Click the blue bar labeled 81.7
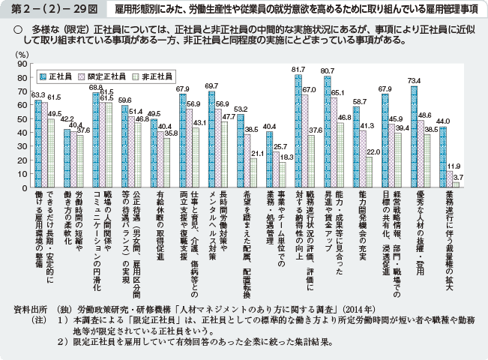pos(298,130)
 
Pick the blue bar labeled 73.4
pos(414,135)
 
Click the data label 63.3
pos(37,94)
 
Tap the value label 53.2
pos(240,109)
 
